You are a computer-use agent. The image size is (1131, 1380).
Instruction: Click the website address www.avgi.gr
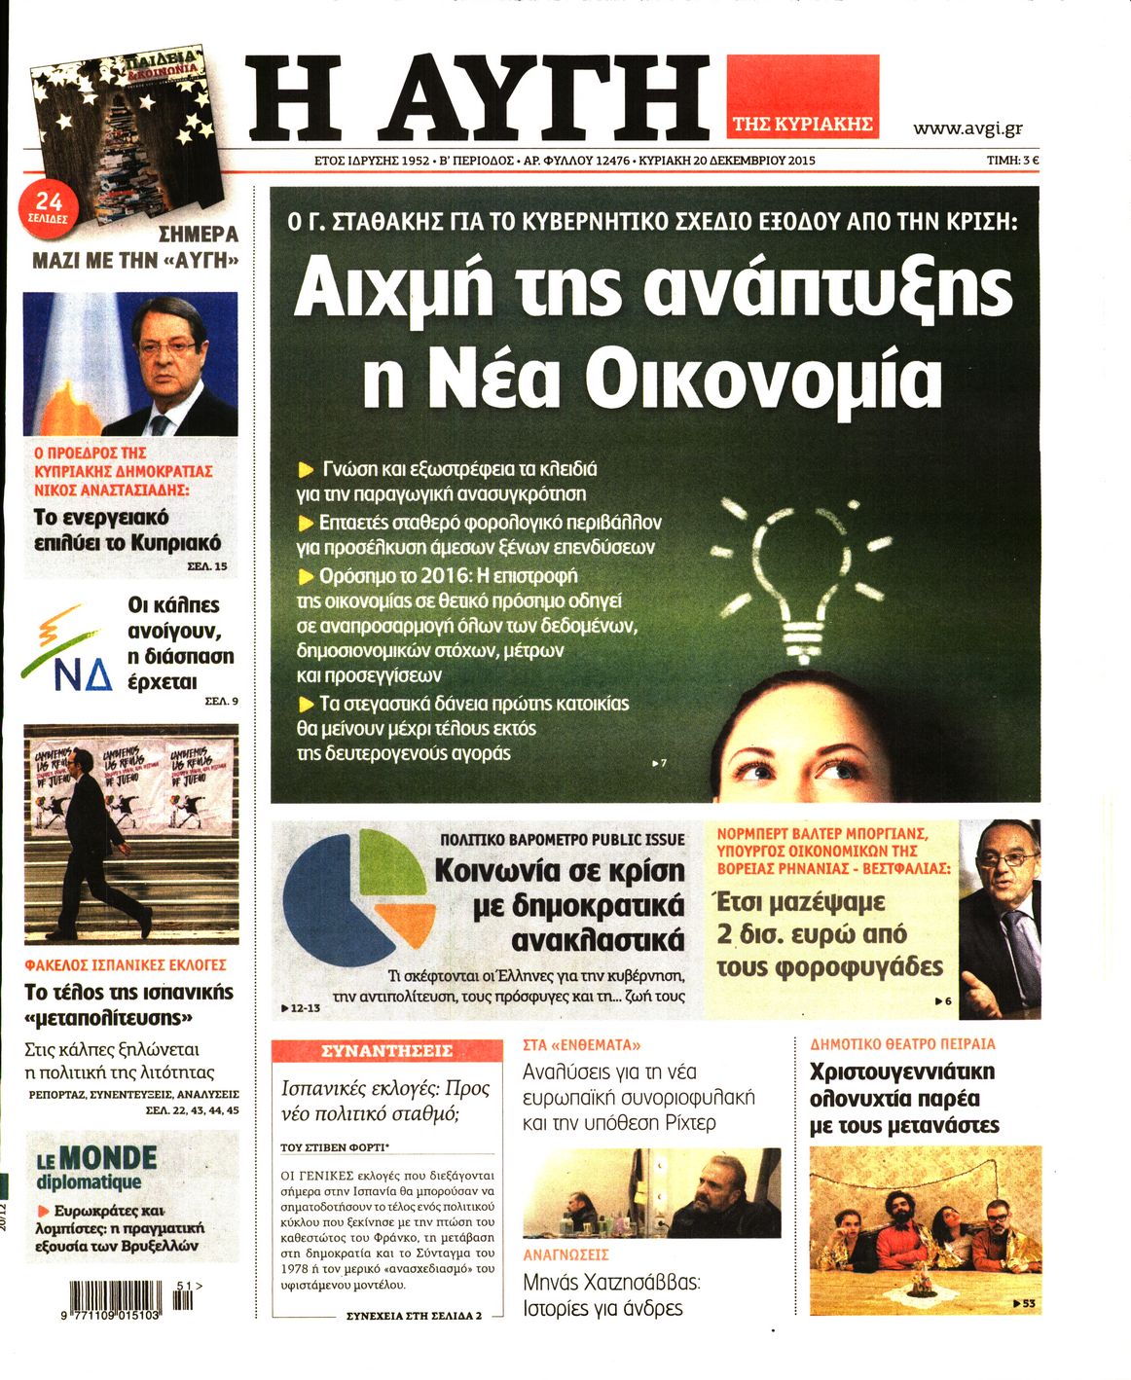[x=967, y=127]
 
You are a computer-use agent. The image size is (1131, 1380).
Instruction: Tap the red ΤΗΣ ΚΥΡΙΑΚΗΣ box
[x=802, y=124]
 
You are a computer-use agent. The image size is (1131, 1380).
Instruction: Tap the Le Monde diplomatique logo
[x=96, y=1166]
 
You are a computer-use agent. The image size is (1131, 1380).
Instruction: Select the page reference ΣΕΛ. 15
[x=206, y=565]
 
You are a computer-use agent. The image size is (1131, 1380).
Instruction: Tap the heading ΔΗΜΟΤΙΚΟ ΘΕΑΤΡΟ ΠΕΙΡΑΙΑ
[x=902, y=1044]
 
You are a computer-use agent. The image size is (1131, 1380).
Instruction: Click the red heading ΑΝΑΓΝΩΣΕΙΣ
[x=565, y=1254]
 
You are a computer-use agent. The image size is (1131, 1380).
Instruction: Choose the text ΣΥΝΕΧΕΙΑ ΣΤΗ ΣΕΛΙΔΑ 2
[x=414, y=1316]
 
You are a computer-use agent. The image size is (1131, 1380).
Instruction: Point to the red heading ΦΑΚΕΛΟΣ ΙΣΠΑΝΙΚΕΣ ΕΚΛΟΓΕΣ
[x=126, y=964]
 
